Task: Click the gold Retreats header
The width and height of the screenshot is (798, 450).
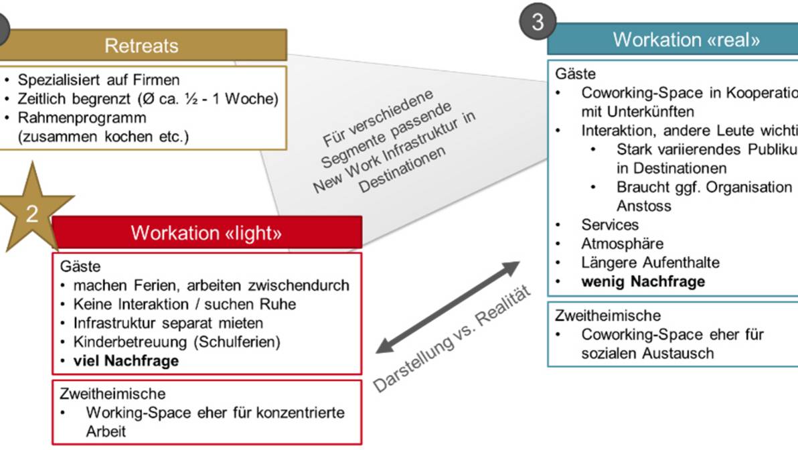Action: [x=142, y=46]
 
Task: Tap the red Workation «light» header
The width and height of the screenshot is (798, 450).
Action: [x=206, y=232]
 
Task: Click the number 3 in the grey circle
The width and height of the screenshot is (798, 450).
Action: [x=538, y=22]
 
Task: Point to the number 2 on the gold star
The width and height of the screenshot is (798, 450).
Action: [x=32, y=213]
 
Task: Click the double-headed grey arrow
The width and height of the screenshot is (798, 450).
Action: [x=447, y=307]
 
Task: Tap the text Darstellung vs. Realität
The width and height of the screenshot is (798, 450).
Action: [x=452, y=340]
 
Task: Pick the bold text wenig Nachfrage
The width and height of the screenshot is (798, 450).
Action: [x=643, y=281]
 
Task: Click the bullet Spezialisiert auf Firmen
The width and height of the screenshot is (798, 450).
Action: [x=98, y=80]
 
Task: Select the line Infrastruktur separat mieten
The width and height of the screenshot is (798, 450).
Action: [x=168, y=323]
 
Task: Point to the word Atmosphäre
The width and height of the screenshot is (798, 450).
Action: [x=622, y=244]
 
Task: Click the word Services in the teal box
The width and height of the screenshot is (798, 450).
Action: [x=610, y=225]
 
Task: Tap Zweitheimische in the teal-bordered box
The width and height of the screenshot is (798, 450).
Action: [x=608, y=315]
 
